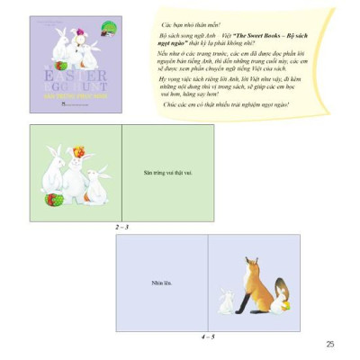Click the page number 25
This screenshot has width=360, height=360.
330,343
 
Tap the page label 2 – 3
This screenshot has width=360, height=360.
121,227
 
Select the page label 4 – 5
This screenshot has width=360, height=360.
208,336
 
